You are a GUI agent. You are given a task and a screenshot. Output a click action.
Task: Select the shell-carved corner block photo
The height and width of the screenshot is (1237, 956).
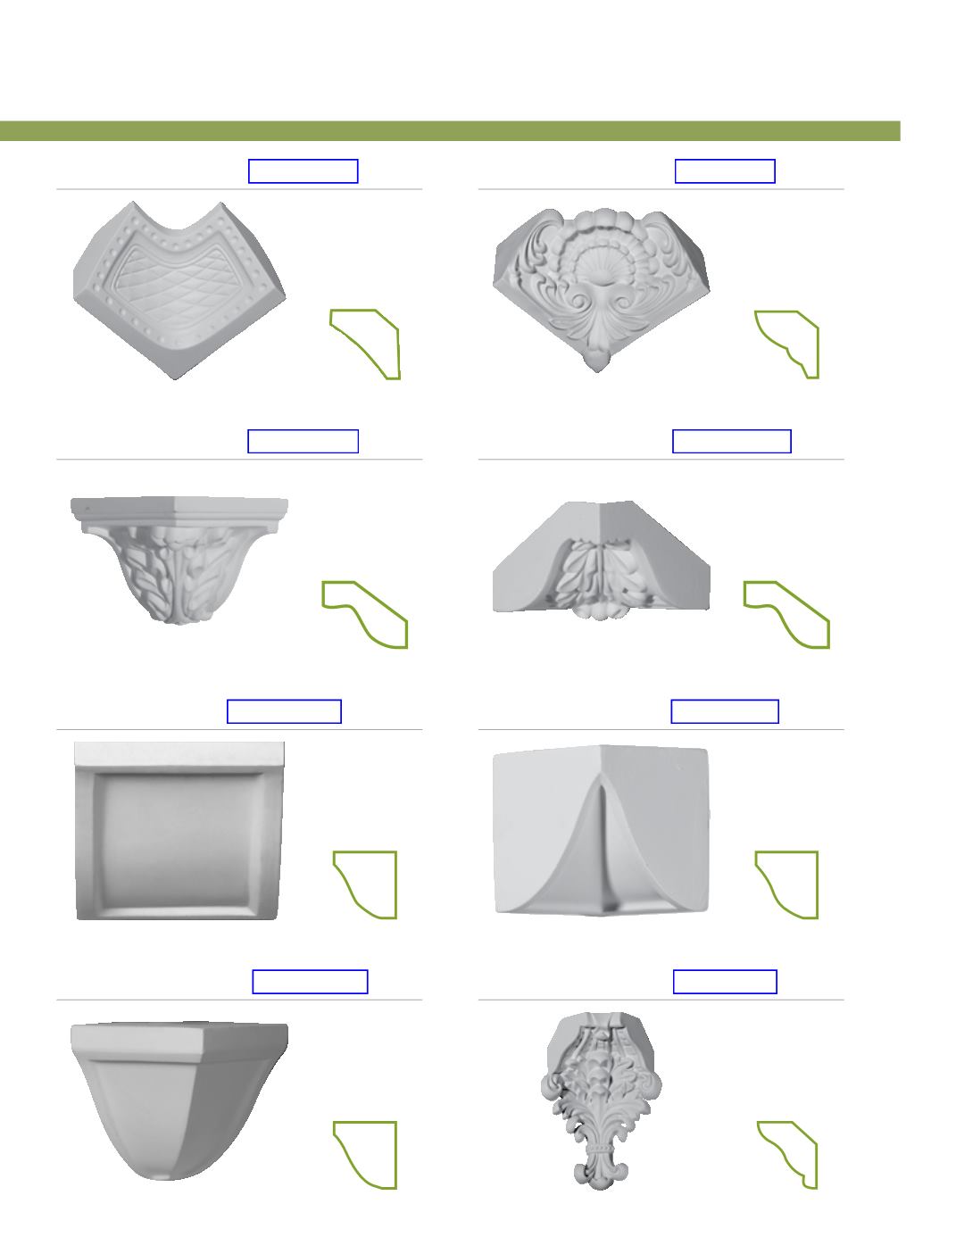tap(601, 286)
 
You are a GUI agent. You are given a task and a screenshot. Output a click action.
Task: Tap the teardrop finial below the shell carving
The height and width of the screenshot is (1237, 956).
tap(596, 360)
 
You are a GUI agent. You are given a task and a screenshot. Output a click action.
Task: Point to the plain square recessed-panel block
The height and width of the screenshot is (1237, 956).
tap(179, 830)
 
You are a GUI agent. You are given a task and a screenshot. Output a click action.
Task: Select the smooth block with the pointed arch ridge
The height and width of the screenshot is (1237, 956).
tap(601, 830)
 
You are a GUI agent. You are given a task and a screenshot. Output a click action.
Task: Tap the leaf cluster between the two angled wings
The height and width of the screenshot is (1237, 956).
tap(601, 580)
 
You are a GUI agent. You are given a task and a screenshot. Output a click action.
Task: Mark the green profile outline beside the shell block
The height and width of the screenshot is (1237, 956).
tap(788, 344)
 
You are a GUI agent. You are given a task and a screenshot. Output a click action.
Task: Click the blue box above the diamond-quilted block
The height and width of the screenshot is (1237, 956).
tap(303, 170)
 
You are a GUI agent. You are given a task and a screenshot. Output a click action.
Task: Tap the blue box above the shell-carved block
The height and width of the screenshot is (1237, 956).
tap(725, 170)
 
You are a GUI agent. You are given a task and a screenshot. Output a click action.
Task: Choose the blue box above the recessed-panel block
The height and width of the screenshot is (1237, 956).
tap(284, 711)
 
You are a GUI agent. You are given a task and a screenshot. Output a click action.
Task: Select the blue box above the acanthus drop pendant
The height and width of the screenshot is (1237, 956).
tap(725, 982)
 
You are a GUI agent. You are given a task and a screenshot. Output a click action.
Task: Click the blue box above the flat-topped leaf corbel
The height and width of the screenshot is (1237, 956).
tap(303, 441)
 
